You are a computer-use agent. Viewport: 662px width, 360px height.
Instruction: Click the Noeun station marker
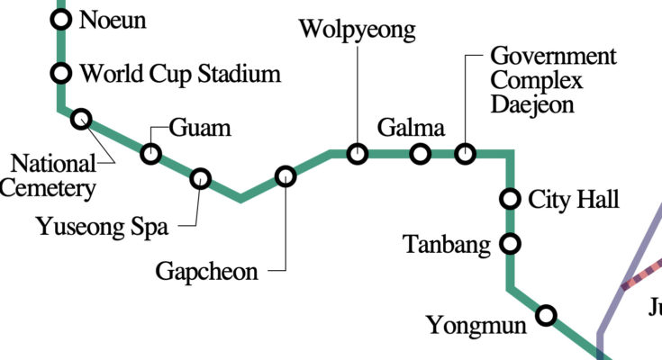61,19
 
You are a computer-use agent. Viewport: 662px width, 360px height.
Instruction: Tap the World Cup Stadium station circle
61,73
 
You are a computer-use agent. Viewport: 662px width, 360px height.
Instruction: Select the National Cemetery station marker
82,119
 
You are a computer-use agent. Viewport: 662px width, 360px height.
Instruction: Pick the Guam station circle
151,154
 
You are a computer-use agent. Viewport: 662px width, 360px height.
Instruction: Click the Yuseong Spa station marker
200,179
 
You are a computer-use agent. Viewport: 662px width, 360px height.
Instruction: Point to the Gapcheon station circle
286,176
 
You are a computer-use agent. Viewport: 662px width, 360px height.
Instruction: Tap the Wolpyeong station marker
358,154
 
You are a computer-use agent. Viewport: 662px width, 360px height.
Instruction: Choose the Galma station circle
420,154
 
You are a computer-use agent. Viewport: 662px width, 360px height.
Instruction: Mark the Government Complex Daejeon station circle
465,154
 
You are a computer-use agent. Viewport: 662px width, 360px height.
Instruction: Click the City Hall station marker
511,198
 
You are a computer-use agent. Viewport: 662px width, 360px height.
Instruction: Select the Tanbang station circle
511,243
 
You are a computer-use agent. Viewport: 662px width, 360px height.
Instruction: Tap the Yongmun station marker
546,315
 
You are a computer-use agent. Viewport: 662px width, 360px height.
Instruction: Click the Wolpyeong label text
358,31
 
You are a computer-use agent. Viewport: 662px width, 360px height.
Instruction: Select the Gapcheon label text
207,271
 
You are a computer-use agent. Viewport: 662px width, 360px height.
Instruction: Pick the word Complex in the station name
537,80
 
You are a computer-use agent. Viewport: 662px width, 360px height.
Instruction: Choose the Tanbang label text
447,244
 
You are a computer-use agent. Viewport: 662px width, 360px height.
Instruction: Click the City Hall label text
574,199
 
